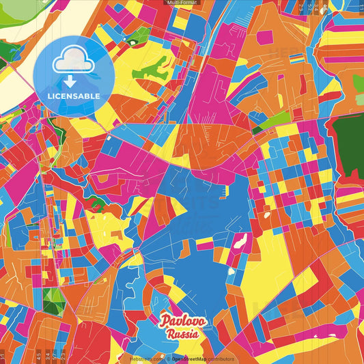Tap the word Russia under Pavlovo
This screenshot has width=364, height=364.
[182, 334]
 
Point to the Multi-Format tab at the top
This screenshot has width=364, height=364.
[182, 3]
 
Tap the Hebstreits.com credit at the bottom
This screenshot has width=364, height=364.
[146, 359]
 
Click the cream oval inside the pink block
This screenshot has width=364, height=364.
[240, 241]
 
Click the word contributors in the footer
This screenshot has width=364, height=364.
[221, 359]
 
